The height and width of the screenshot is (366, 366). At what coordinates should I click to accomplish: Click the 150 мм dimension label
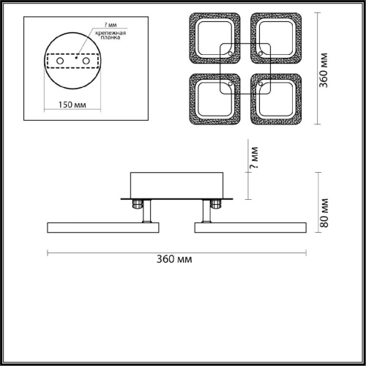72,105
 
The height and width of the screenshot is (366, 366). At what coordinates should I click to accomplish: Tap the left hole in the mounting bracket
60,61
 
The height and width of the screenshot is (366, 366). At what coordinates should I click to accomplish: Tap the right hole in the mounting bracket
86,61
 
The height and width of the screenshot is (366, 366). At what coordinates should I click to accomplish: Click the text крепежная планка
111,35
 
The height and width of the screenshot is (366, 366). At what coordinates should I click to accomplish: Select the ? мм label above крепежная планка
111,25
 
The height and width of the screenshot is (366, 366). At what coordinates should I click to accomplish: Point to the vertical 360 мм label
324,70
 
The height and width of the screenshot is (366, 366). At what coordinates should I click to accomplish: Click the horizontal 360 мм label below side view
174,259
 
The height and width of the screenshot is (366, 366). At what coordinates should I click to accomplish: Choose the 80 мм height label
324,213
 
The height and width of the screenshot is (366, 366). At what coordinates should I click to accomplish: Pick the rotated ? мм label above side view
254,157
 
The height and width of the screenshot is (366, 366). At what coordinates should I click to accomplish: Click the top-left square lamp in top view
193,38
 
